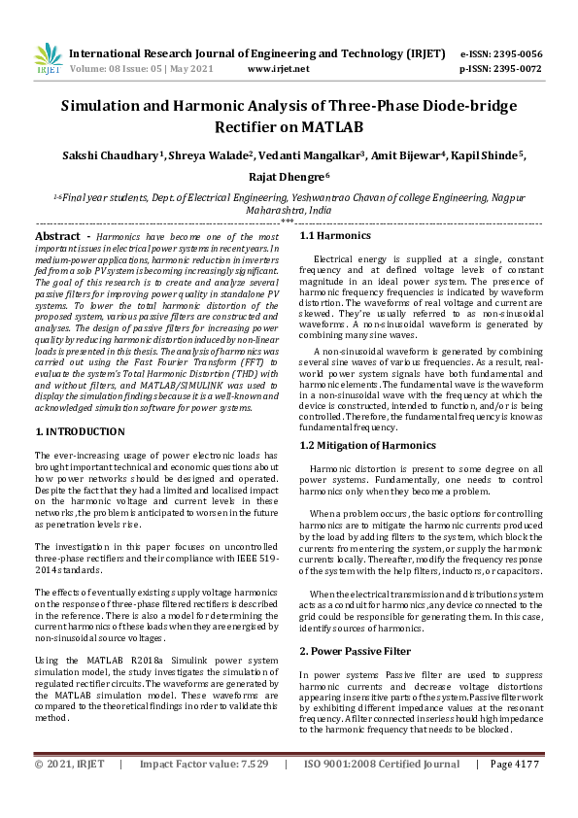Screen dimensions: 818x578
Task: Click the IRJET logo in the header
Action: [x=48, y=61]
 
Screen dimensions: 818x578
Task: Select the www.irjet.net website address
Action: [x=279, y=69]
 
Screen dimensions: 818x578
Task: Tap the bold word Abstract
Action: [x=56, y=236]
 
